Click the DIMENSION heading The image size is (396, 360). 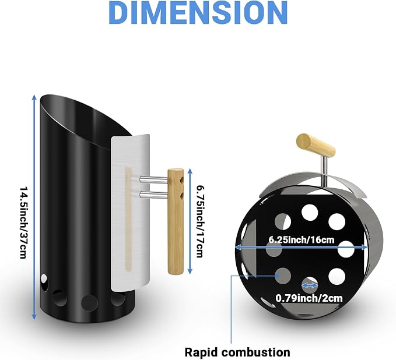[x=198, y=13]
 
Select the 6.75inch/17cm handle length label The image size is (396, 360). [x=200, y=221]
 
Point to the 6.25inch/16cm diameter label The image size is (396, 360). [x=302, y=239]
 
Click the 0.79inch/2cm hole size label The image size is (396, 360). [x=309, y=298]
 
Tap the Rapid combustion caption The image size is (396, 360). [x=237, y=352]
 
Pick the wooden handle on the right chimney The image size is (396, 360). [x=316, y=145]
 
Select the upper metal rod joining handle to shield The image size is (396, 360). [x=154, y=179]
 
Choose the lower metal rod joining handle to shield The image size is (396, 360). [x=154, y=194]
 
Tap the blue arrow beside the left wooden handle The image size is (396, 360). [x=190, y=221]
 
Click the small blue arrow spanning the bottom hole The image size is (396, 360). [x=310, y=285]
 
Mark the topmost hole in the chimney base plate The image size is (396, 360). [x=310, y=211]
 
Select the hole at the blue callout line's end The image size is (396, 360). [x=283, y=276]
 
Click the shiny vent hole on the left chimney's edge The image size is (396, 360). [x=44, y=282]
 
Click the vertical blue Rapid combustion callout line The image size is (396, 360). [x=231, y=309]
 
